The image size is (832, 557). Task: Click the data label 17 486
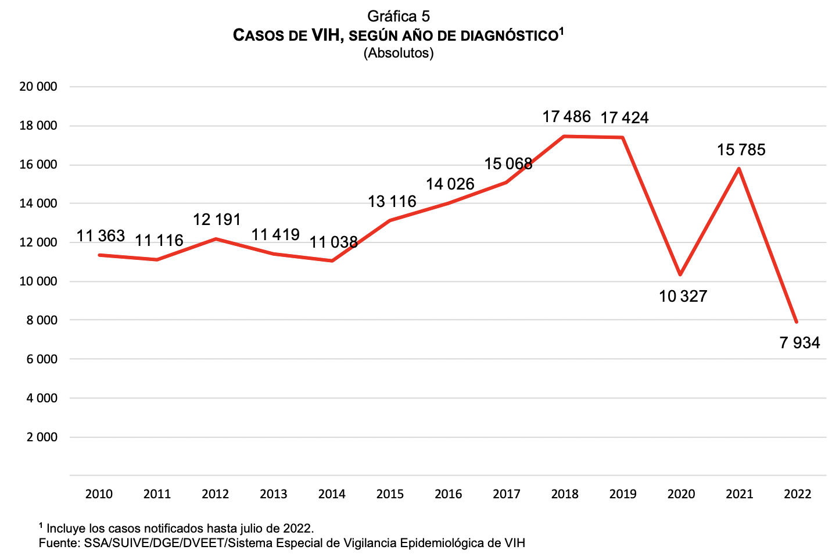[x=566, y=117]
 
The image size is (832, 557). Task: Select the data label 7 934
[x=799, y=343]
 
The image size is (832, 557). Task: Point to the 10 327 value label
[x=683, y=297]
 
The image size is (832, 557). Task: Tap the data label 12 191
[x=217, y=220]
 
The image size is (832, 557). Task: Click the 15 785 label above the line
[x=741, y=150]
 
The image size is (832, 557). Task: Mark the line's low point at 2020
[x=680, y=274]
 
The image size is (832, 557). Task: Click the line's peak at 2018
[x=565, y=137]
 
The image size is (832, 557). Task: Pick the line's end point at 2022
[x=797, y=322]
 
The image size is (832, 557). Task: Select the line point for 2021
[x=738, y=169]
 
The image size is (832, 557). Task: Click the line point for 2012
[x=216, y=239]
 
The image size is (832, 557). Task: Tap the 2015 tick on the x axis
[x=390, y=494]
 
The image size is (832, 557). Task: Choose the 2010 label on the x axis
[x=99, y=494]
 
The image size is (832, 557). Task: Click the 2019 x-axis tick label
[x=623, y=494]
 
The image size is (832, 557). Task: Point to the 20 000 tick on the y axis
[x=38, y=87]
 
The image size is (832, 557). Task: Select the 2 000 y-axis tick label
[x=42, y=437]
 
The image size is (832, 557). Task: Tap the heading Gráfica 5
[x=399, y=16]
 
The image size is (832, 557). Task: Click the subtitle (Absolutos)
[x=399, y=53]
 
